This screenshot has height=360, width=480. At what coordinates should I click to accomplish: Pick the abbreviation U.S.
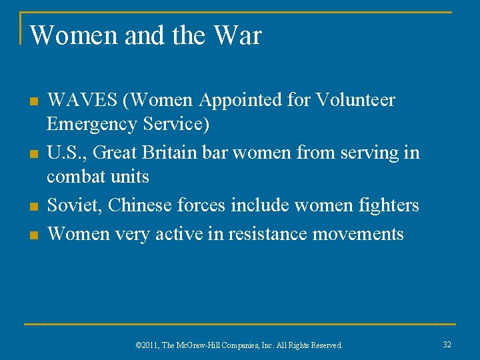click(x=65, y=153)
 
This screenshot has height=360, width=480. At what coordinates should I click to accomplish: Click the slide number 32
click(x=447, y=344)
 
